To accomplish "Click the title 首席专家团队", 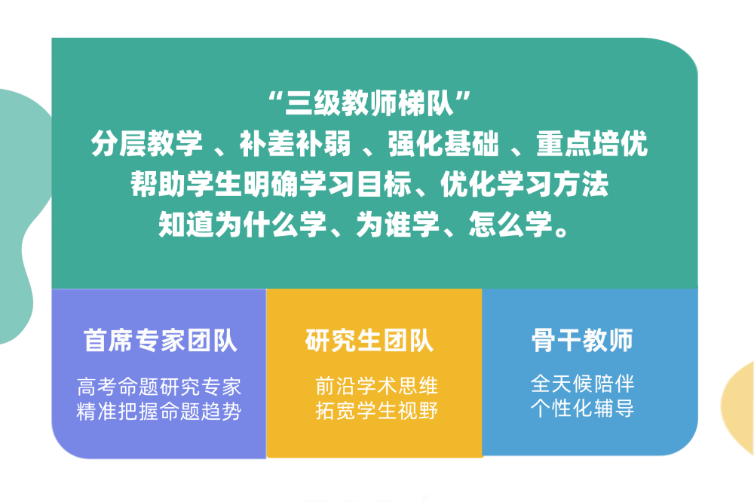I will (x=160, y=341).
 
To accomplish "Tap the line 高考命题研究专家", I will (x=159, y=387).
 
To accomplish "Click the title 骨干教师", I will (x=581, y=341).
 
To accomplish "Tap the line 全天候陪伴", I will (x=582, y=384).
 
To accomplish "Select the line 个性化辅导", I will (x=582, y=409).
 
